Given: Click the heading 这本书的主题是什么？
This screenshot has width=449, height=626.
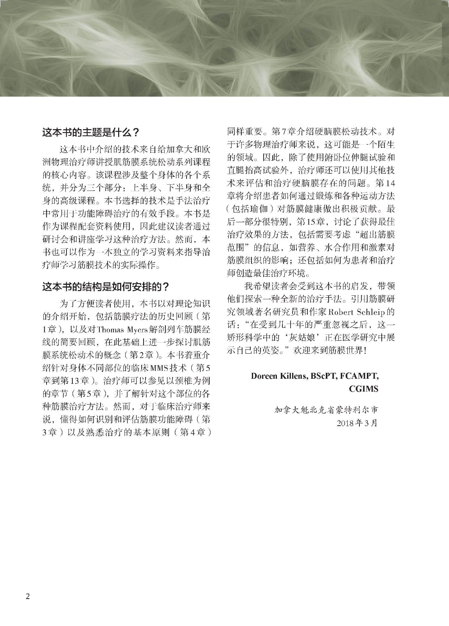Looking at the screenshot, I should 90,133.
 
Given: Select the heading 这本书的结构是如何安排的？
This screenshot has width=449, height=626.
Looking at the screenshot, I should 106,287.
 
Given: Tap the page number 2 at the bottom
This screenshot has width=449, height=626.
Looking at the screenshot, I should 27,596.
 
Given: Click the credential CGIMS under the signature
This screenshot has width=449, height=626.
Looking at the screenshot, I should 364,389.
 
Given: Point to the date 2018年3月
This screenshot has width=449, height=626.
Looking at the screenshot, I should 357,423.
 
